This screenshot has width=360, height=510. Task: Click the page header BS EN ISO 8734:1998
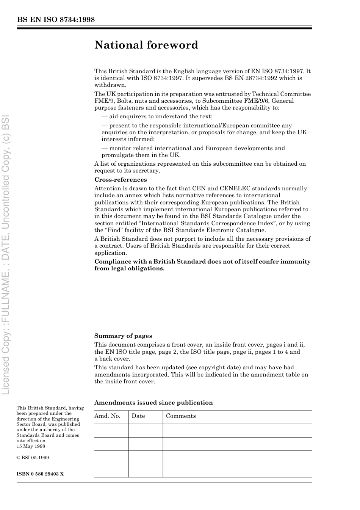pyautogui.click(x=56, y=20)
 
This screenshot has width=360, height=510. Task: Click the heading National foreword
pyautogui.click(x=146, y=45)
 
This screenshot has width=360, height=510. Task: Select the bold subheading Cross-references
pyautogui.click(x=121, y=180)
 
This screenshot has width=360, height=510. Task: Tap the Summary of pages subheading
pyautogui.click(x=123, y=336)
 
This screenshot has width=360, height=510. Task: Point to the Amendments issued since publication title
pyautogui.click(x=153, y=403)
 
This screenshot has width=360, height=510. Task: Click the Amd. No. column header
pyautogui.click(x=107, y=416)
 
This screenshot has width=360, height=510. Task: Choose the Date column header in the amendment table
pyautogui.click(x=138, y=416)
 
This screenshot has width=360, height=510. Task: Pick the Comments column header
pyautogui.click(x=181, y=416)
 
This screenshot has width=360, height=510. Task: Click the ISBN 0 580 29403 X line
pyautogui.click(x=40, y=474)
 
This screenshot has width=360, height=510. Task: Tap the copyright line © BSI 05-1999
pyautogui.click(x=33, y=458)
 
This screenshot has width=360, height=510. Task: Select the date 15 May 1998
pyautogui.click(x=31, y=446)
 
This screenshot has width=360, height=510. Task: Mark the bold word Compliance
pyautogui.click(x=112, y=262)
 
